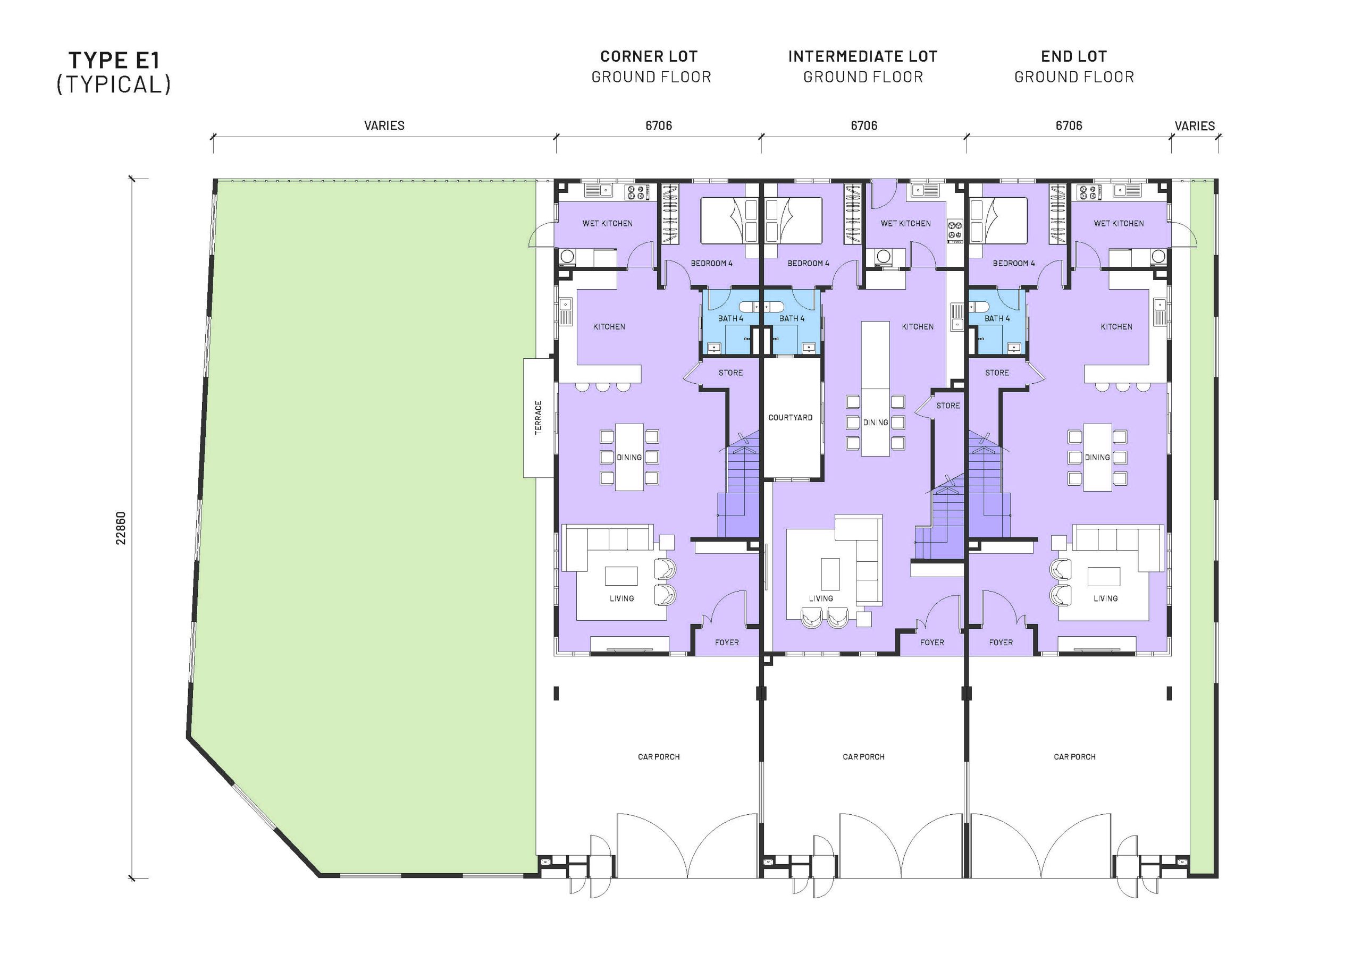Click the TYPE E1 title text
pos(114,61)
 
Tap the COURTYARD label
pos(790,417)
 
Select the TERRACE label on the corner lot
pos(538,417)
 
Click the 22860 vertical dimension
pos(121,528)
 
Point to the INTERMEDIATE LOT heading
pos(862,57)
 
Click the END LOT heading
pos(1073,57)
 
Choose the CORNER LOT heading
pos(649,57)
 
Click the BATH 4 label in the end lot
pos(996,318)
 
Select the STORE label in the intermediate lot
pos(948,406)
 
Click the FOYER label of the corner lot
pos(727,643)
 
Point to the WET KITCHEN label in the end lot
pos(1119,223)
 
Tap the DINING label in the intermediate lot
pos(876,423)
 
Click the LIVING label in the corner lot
pos(621,598)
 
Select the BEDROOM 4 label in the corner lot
pos(711,263)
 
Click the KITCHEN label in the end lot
pos(1116,326)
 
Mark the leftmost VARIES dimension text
pos(384,125)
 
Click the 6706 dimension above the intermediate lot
pos(864,125)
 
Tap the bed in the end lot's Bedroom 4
pos(999,221)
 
